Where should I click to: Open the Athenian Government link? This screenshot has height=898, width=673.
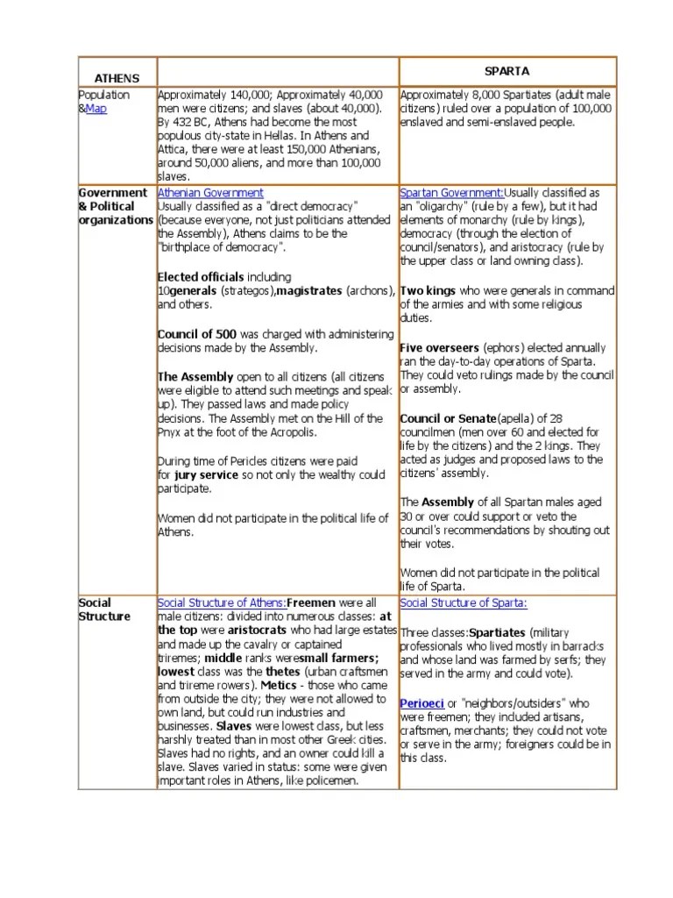tap(210, 192)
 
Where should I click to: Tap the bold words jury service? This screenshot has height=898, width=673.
tap(208, 475)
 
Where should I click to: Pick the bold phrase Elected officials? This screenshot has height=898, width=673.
tap(201, 277)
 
